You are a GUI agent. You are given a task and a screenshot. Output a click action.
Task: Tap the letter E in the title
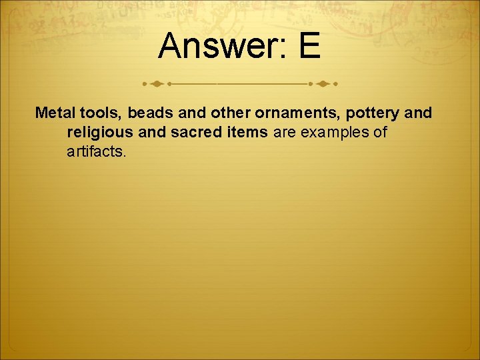coord(309,46)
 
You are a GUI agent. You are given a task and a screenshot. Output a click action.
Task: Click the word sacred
coord(196,132)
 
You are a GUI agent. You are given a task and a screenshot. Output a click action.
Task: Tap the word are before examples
coord(285,133)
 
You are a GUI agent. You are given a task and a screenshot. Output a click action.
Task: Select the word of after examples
coord(380,132)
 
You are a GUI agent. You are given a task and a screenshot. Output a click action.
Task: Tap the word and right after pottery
coord(419,113)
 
